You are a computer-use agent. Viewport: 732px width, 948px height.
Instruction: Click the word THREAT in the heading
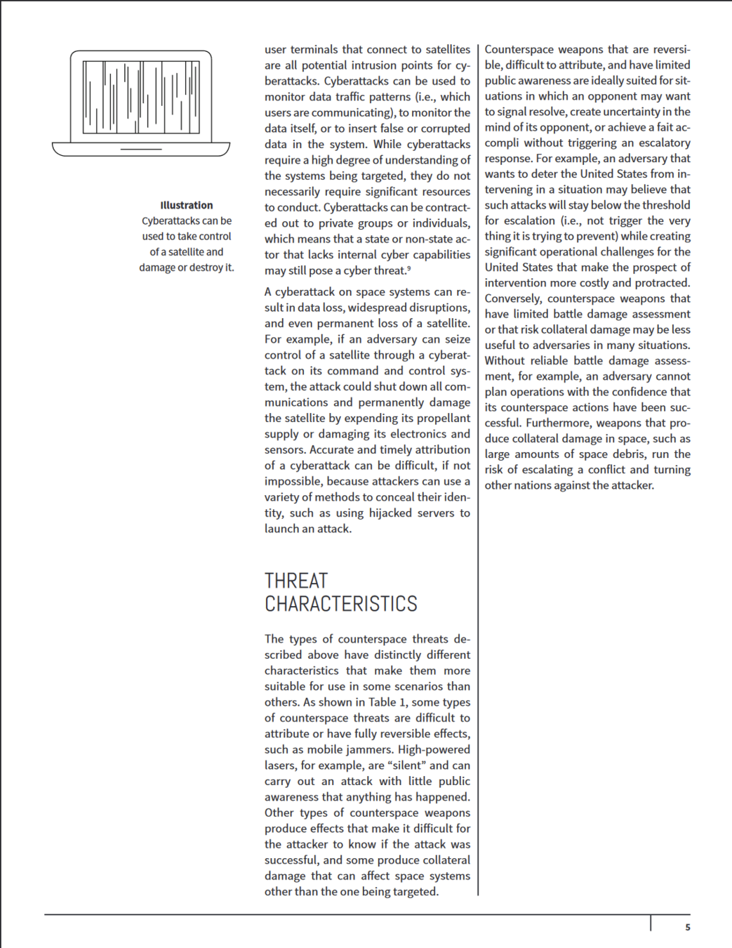296,581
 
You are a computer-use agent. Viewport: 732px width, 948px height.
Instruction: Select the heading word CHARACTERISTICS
341,604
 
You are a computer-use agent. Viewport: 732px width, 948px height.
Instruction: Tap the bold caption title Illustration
186,205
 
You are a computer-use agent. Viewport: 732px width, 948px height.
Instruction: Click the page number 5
688,927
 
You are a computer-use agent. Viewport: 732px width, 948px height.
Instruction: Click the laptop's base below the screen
141,148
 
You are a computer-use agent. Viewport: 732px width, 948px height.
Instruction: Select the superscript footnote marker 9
409,268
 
